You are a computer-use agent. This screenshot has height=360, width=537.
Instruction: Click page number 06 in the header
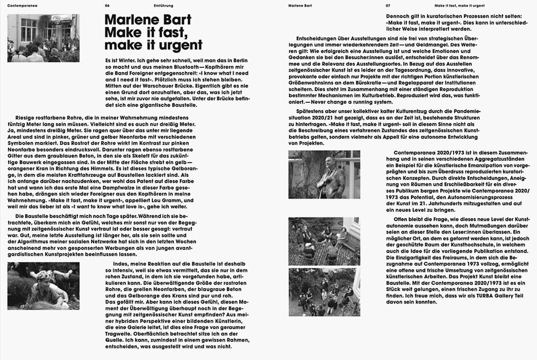click(x=107, y=5)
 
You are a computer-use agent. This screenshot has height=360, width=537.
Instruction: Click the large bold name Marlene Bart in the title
click(x=148, y=20)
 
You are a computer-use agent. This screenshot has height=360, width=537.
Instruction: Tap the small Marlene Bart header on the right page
click(x=301, y=5)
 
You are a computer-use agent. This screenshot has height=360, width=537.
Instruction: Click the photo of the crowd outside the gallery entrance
click(x=43, y=38)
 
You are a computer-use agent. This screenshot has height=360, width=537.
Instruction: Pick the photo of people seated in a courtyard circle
click(x=324, y=240)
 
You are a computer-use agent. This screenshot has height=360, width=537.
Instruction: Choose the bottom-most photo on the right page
click(x=324, y=292)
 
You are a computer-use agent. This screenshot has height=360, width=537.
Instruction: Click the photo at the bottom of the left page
click(x=43, y=285)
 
